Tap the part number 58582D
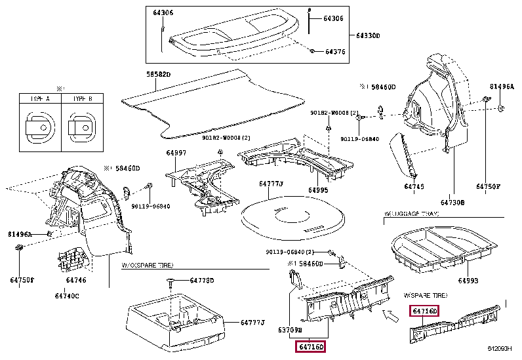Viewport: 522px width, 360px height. [x=158, y=75]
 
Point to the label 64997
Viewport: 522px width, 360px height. [x=176, y=153]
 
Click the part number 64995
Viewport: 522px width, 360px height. [x=318, y=190]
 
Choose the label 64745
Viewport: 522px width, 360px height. [x=414, y=187]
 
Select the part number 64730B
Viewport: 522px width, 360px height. [x=452, y=203]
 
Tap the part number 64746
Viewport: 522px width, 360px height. [x=76, y=280]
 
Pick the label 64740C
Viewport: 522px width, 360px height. [x=68, y=296]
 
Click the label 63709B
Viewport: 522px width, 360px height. [x=290, y=330]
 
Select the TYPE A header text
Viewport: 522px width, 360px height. [x=40, y=98]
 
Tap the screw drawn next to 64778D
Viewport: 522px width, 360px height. [x=171, y=282]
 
